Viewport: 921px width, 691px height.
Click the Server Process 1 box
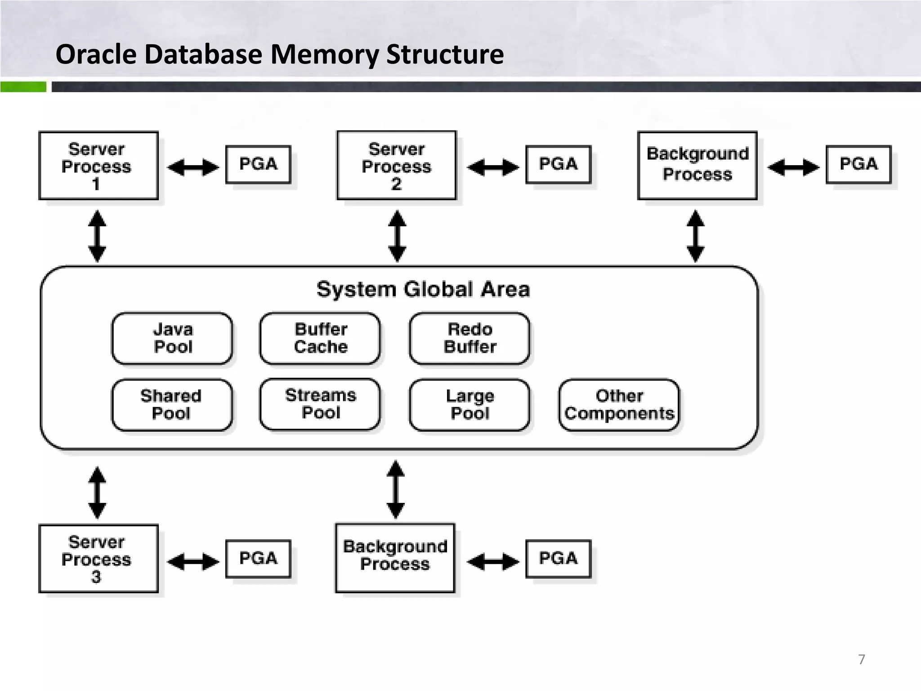(x=98, y=166)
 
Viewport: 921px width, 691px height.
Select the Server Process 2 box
(x=396, y=166)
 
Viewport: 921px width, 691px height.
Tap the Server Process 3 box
(x=98, y=558)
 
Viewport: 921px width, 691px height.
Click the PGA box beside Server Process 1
(x=258, y=164)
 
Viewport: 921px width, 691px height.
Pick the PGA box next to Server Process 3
(x=258, y=558)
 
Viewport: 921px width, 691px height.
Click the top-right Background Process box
(x=697, y=165)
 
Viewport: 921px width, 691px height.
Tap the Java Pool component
(x=172, y=338)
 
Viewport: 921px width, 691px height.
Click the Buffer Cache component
(x=320, y=338)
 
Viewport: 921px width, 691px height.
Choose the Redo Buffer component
(x=469, y=338)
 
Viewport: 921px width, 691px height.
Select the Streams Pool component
(x=320, y=404)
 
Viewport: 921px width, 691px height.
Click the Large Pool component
(x=469, y=404)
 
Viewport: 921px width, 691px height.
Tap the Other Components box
(x=619, y=404)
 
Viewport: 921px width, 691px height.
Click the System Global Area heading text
(x=423, y=289)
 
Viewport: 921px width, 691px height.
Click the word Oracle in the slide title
(x=96, y=54)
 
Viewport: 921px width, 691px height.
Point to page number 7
(x=861, y=659)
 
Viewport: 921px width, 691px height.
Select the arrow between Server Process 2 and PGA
(x=492, y=167)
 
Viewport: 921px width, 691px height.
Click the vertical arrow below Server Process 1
(x=97, y=236)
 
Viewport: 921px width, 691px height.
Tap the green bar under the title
(x=23, y=87)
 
